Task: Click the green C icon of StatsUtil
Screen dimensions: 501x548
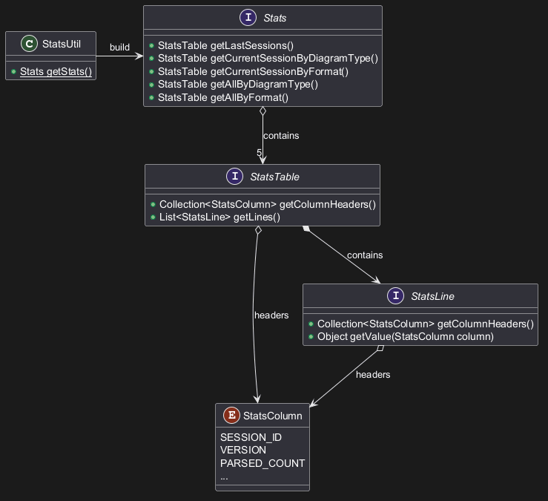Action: click(x=29, y=45)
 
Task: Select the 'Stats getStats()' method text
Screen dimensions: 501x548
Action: click(x=56, y=71)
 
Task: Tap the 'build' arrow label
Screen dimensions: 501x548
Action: click(x=119, y=48)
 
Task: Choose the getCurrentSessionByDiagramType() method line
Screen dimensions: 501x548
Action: click(x=268, y=59)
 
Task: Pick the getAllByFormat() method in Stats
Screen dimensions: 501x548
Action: click(x=222, y=97)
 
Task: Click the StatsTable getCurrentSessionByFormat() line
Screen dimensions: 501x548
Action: click(x=253, y=71)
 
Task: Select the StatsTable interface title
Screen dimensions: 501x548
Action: click(x=274, y=177)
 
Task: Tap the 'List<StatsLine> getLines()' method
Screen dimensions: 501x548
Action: click(x=219, y=217)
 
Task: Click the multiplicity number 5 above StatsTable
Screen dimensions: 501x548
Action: click(x=260, y=153)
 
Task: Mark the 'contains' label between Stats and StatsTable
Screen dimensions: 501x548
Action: click(x=281, y=136)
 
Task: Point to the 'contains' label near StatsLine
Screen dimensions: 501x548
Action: click(x=365, y=255)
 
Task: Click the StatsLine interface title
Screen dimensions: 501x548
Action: click(x=432, y=296)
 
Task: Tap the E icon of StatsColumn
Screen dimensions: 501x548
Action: click(x=231, y=416)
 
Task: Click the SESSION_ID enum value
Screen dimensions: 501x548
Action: click(x=251, y=437)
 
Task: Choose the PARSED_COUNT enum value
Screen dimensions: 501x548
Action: click(x=263, y=463)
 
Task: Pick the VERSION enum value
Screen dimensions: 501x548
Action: click(x=243, y=450)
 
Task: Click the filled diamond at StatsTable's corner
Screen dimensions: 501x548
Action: click(x=306, y=229)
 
